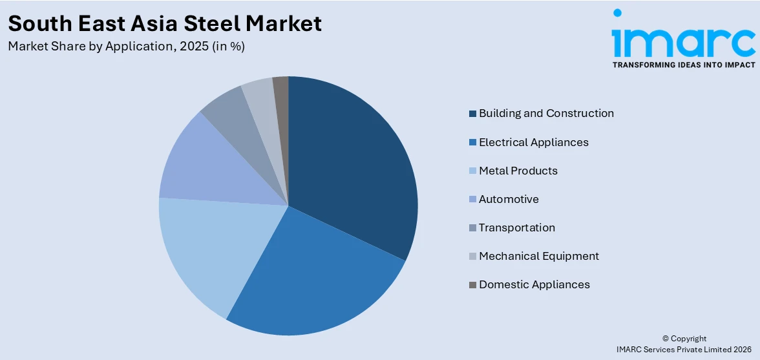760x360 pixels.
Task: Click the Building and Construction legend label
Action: click(x=546, y=113)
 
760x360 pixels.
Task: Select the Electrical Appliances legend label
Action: click(x=533, y=142)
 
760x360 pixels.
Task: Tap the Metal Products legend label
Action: click(x=518, y=171)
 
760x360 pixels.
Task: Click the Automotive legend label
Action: click(x=509, y=199)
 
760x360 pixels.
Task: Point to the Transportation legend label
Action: click(x=516, y=228)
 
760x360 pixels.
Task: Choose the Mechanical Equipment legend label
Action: click(x=538, y=256)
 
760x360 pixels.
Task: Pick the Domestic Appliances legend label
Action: click(x=534, y=284)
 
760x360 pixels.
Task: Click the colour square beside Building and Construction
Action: click(x=472, y=114)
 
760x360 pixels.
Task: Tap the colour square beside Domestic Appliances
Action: click(x=472, y=285)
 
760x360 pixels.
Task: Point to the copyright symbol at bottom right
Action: click(x=666, y=339)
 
